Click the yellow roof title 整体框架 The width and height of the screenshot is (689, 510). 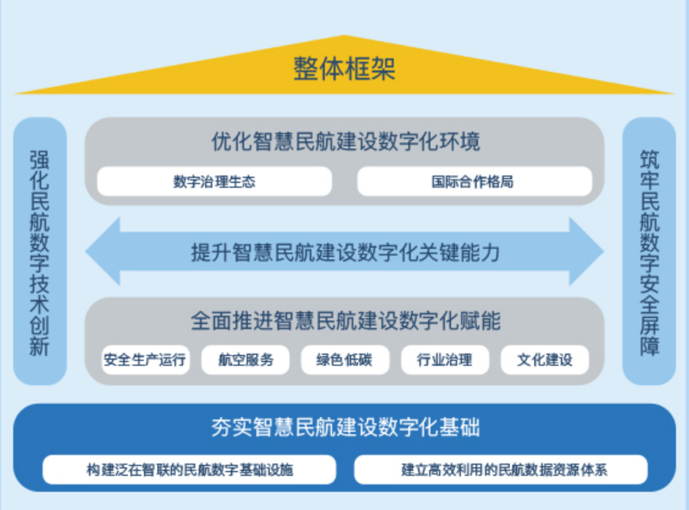(344, 69)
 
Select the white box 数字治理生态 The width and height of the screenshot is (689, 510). (214, 181)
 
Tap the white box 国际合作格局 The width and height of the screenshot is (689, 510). (475, 181)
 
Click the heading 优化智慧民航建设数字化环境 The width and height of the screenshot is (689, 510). (345, 142)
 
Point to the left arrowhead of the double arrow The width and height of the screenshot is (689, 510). (86, 251)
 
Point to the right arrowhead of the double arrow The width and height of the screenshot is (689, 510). (603, 251)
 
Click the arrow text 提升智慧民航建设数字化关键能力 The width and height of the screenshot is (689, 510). (345, 253)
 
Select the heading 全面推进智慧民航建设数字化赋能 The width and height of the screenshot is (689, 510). (345, 320)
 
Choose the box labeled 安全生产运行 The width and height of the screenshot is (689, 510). (145, 359)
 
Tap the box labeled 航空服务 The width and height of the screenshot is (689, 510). (245, 359)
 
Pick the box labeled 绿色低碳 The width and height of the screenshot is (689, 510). (345, 359)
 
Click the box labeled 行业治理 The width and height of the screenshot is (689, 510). (445, 359)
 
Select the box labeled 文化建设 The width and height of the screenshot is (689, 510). (545, 359)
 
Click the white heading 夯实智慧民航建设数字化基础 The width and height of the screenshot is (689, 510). (345, 427)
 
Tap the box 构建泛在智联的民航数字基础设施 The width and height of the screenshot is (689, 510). (189, 470)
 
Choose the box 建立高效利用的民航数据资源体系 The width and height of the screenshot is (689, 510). (501, 470)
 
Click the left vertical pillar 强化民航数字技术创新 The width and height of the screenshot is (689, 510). (40, 251)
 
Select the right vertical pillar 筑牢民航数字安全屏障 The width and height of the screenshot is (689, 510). (649, 251)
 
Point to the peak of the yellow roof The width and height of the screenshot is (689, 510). (344, 35)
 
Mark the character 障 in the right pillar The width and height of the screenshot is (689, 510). (649, 345)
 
